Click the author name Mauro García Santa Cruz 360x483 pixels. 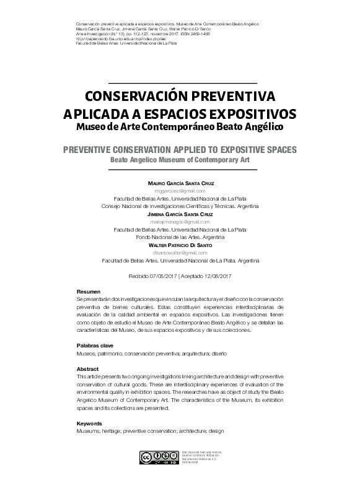[182, 185]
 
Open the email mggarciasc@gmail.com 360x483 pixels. [182, 192]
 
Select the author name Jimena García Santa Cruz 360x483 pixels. [182, 214]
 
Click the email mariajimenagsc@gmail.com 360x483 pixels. [182, 221]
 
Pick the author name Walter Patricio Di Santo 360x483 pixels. [182, 245]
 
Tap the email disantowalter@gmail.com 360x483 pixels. [182, 253]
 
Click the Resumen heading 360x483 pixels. [87, 291]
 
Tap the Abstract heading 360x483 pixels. [87, 369]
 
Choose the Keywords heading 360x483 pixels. [89, 423]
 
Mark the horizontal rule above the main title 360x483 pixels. [182, 82]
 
